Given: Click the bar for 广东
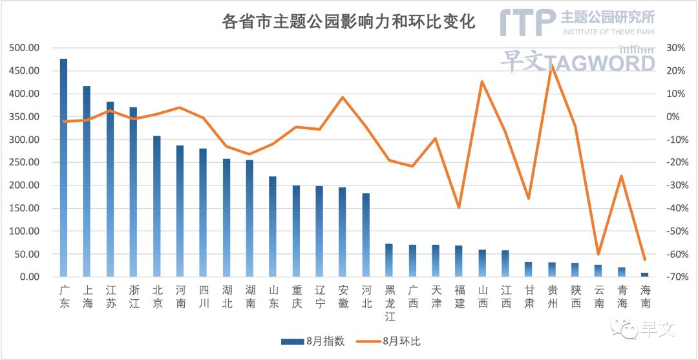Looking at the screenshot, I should pyautogui.click(x=63, y=168).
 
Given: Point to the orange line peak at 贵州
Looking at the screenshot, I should pyautogui.click(x=551, y=66).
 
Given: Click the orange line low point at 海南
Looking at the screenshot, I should pyautogui.click(x=644, y=259).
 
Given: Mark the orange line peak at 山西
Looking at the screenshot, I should pyautogui.click(x=481, y=81).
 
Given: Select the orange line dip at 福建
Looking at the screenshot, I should pyautogui.click(x=459, y=207).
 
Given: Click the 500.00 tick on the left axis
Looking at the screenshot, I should pyautogui.click(x=24, y=48).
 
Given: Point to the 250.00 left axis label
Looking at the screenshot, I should pyautogui.click(x=24, y=162).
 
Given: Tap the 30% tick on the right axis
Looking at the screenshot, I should pyautogui.click(x=675, y=48).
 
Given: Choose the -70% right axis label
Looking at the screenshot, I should pyautogui.click(x=674, y=277).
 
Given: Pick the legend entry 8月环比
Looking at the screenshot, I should pyautogui.click(x=390, y=341).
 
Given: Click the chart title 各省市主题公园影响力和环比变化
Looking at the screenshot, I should pyautogui.click(x=348, y=22).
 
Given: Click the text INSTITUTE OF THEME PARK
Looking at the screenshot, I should pyautogui.click(x=608, y=32).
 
